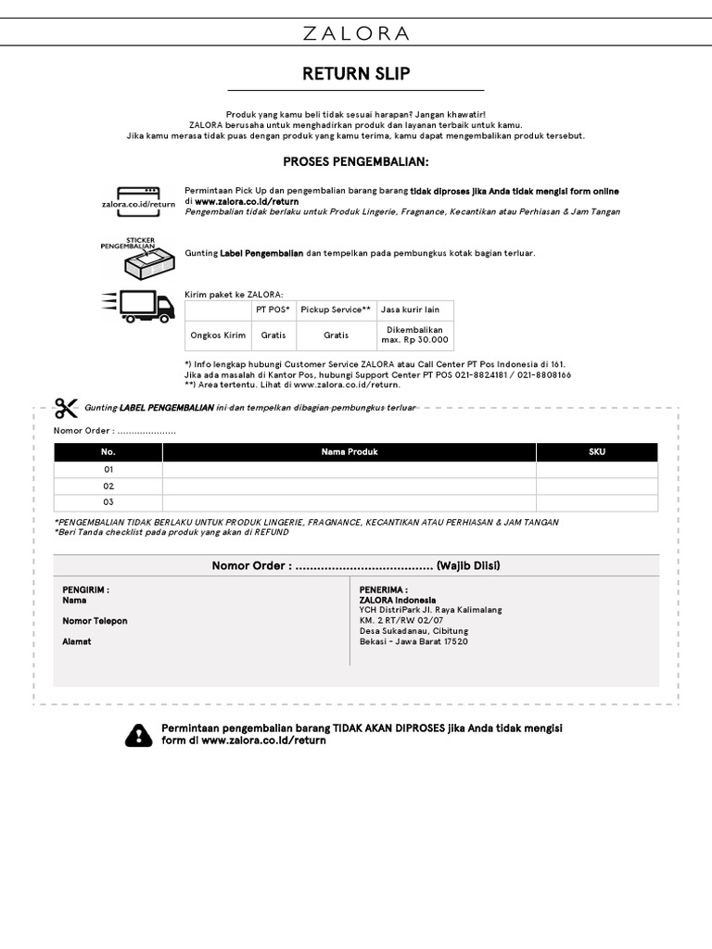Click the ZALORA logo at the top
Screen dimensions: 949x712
[x=356, y=34]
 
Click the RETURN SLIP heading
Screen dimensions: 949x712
[x=356, y=73]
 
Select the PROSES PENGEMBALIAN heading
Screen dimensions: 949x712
[x=356, y=162]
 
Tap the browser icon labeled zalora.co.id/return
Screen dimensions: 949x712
[x=138, y=196]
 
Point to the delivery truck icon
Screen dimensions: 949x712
[x=138, y=306]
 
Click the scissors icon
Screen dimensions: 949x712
[x=66, y=408]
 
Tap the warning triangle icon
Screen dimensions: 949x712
[x=138, y=735]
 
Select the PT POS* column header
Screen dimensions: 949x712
[x=273, y=310]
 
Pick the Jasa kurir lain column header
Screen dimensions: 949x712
[x=410, y=310]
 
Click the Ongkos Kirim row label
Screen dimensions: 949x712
[x=218, y=335]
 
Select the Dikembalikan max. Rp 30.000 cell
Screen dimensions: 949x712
[x=414, y=335]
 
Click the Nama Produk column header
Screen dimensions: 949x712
[x=349, y=452]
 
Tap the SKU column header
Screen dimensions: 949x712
[x=597, y=452]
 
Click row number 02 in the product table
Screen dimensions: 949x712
[x=108, y=486]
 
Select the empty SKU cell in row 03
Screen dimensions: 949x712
[x=597, y=502]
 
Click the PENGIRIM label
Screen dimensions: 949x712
[x=85, y=589]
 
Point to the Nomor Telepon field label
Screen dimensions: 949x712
[x=95, y=621]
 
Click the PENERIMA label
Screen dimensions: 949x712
[x=384, y=589]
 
